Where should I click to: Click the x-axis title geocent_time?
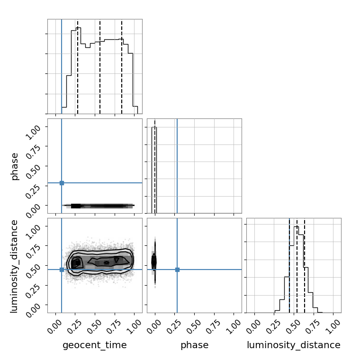pyautogui.click(x=95, y=345)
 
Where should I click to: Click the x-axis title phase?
pyautogui.click(x=195, y=345)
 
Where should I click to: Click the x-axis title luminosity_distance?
pyautogui.click(x=294, y=345)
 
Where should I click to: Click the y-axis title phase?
pyautogui.click(x=14, y=166)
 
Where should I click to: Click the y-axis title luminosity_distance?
pyautogui.click(x=14, y=266)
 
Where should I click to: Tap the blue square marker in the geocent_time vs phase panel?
pyautogui.click(x=62, y=183)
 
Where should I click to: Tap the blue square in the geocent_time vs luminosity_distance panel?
pyautogui.click(x=62, y=270)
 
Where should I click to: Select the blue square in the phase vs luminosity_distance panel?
pyautogui.click(x=177, y=270)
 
